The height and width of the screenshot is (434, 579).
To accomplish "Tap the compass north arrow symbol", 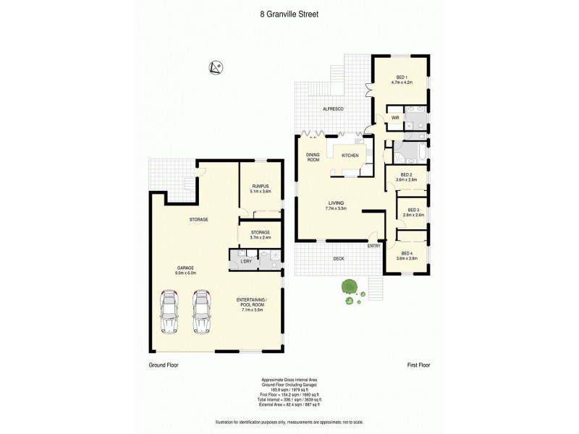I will (x=214, y=67).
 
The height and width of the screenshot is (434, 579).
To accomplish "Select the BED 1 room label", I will (x=402, y=80).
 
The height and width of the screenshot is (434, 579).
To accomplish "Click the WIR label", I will (x=395, y=117).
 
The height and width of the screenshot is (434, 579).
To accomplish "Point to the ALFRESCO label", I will (x=333, y=109).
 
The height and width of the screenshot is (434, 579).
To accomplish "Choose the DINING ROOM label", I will (x=313, y=158).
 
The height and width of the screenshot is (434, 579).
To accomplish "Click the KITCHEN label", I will (x=350, y=156).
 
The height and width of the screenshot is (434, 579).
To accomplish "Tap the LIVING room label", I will (x=335, y=203).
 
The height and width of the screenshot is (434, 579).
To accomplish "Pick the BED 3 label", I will (x=413, y=210).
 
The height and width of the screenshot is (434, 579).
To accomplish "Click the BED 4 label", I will (x=408, y=253).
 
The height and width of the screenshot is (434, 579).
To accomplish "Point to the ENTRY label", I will (x=373, y=246).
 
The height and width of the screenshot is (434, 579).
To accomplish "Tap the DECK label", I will (x=338, y=258).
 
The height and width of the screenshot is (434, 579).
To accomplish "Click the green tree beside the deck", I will (x=349, y=287).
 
